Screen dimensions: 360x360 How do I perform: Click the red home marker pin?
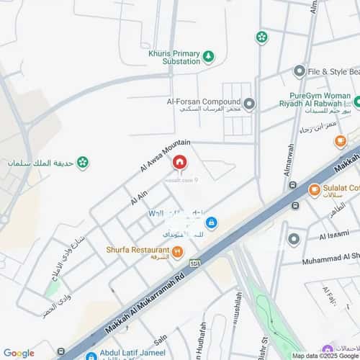[x=179, y=164]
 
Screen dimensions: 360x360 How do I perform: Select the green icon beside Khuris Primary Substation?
[x=208, y=55]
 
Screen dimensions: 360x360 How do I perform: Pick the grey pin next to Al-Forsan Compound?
[x=249, y=105]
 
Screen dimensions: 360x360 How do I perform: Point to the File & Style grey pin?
[x=300, y=71]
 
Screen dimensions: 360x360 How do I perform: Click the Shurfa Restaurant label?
[x=138, y=250]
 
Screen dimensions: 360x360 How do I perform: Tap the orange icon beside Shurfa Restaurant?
[x=177, y=251]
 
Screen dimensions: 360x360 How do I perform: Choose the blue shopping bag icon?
[x=211, y=222]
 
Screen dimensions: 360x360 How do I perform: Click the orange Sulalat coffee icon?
[x=314, y=190]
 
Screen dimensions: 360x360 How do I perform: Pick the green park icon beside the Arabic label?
[x=84, y=163]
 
